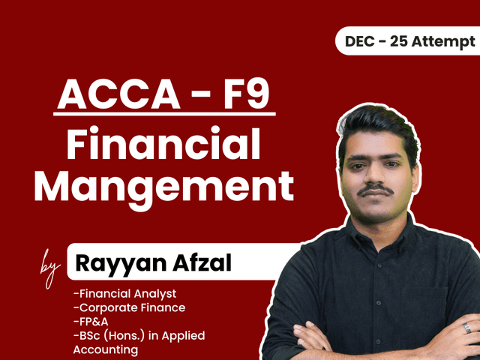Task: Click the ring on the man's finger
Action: point(466,328)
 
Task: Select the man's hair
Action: point(375,120)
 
